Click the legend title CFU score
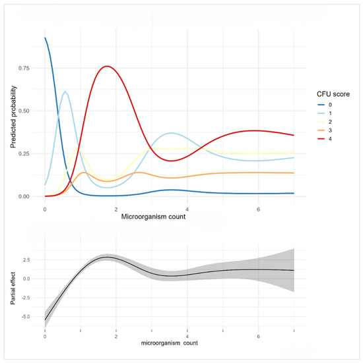coord(333,94)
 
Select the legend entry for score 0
coord(325,105)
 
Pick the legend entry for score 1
coord(325,113)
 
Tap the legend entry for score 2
coord(325,122)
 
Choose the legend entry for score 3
coord(325,130)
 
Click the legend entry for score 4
coord(325,139)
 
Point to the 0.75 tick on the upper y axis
coord(24,68)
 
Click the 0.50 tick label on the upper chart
coord(24,111)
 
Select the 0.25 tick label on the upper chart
coord(24,154)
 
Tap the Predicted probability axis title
coord(13,117)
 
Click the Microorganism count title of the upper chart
coord(153,217)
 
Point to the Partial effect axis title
coord(13,288)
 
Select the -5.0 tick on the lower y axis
coord(26,316)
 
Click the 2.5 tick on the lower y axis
coord(26,260)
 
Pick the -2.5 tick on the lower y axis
coord(26,298)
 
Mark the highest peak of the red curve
coord(107,67)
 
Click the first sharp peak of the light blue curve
coord(65,92)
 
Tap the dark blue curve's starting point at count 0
coord(45,38)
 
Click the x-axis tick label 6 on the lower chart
coord(259,337)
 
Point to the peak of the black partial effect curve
coord(107,257)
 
